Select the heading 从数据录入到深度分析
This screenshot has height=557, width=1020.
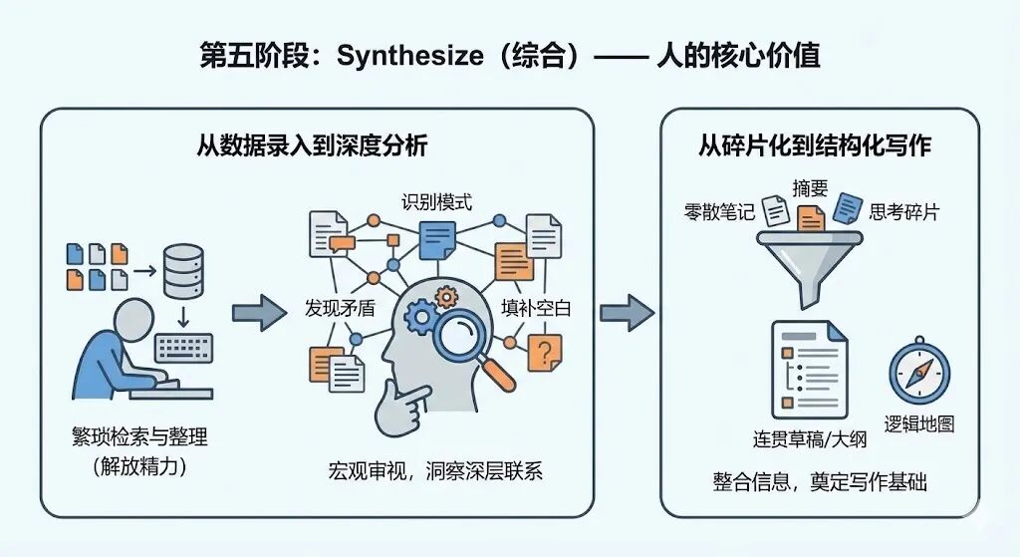(x=313, y=145)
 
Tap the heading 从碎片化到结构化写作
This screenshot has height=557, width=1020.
(x=815, y=145)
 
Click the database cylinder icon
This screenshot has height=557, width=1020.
(x=183, y=268)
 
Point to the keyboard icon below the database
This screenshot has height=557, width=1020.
(x=185, y=349)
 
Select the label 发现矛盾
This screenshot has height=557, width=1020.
(x=340, y=308)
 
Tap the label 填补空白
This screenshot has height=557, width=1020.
(x=536, y=308)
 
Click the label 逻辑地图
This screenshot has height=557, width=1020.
(x=918, y=423)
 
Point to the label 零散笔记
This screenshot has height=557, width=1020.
(x=718, y=211)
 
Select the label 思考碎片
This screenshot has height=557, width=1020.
(x=904, y=211)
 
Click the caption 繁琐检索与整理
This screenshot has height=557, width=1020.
(x=139, y=436)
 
